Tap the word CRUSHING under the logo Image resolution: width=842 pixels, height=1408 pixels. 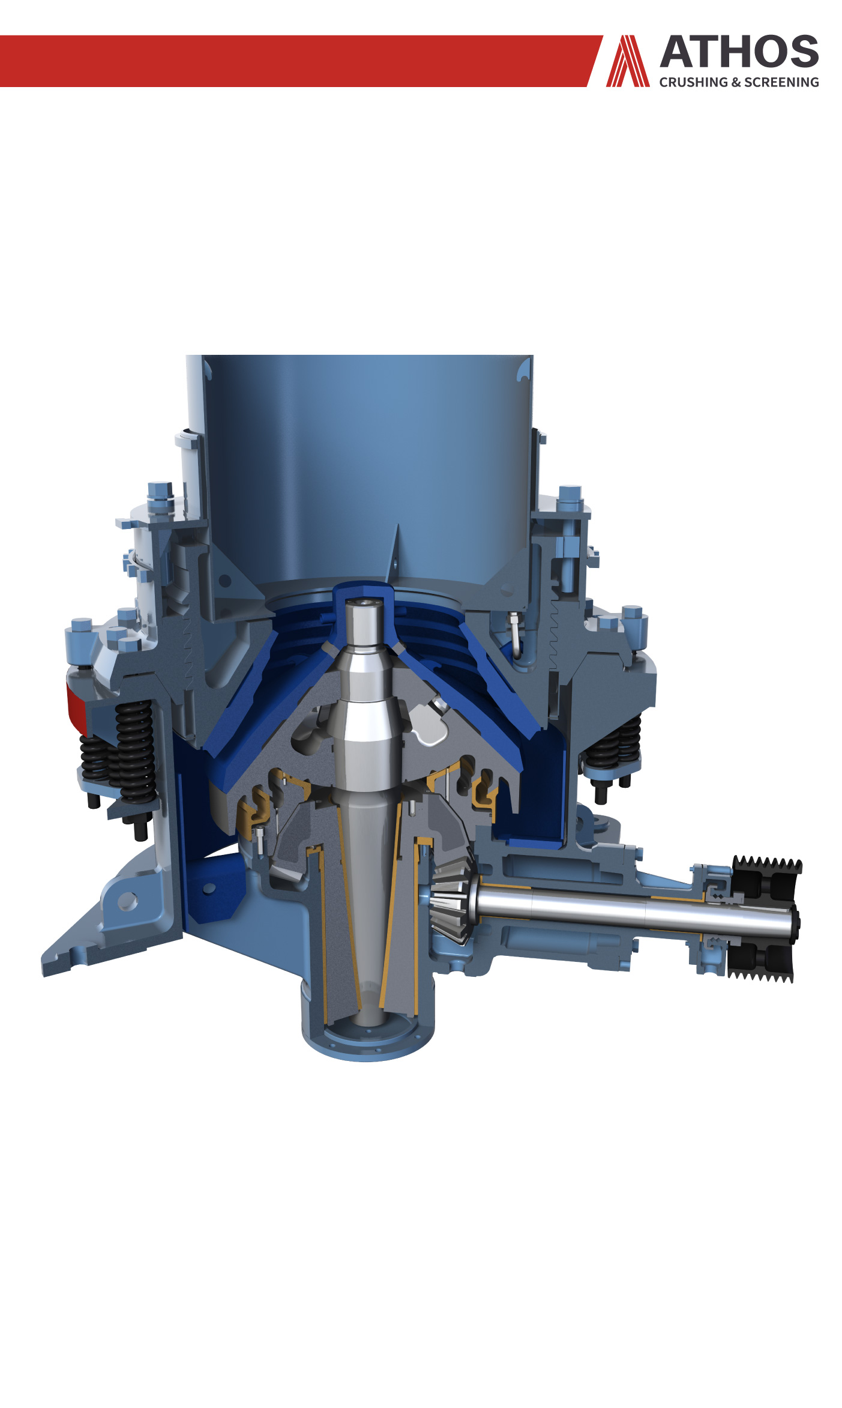click(x=693, y=82)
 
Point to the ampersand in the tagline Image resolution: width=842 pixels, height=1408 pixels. click(x=736, y=82)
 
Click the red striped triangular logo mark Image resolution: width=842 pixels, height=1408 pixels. click(x=628, y=61)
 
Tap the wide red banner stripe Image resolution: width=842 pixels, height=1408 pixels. click(x=300, y=61)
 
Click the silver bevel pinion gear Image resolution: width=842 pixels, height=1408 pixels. click(x=451, y=899)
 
